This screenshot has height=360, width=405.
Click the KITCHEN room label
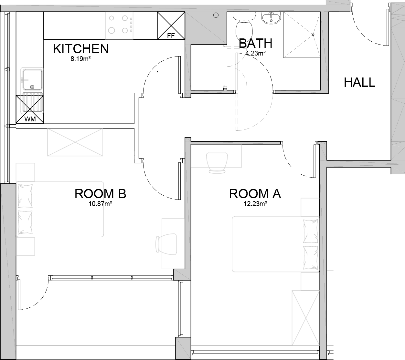click(81, 49)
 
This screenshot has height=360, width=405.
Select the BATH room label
click(255, 43)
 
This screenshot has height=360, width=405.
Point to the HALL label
click(359, 82)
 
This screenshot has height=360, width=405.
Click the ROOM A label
click(255, 194)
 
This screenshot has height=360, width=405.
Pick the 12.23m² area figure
click(255, 204)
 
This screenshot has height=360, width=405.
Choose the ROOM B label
click(100, 194)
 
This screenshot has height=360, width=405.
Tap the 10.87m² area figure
click(100, 204)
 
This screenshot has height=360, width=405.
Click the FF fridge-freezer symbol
click(171, 26)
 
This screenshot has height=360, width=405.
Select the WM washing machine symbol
click(30, 109)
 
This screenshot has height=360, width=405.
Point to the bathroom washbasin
click(271, 18)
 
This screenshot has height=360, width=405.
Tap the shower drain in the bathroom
click(313, 35)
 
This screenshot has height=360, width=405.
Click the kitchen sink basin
click(33, 79)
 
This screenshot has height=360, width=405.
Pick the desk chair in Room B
click(166, 244)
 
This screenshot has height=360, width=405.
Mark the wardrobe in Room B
click(75, 142)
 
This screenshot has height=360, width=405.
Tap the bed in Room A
click(276, 244)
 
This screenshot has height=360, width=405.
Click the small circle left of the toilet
click(216, 15)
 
